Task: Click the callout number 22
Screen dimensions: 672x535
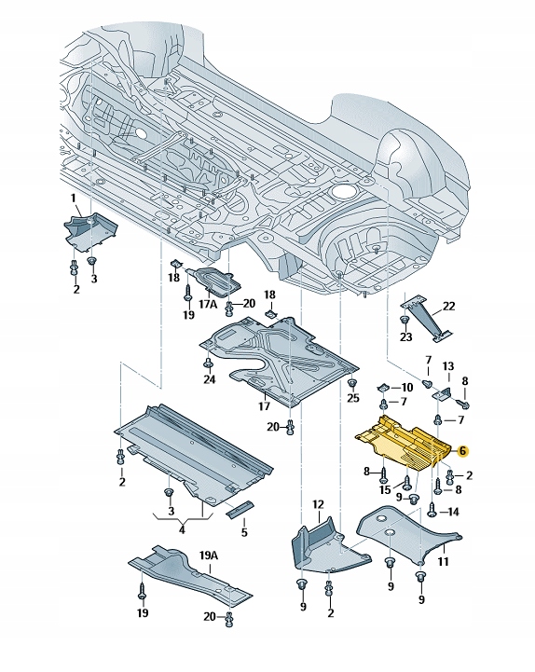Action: (x=449, y=307)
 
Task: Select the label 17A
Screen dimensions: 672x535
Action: (x=207, y=304)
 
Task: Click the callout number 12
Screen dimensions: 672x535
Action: (x=318, y=504)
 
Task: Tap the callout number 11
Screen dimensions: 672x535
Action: (x=443, y=562)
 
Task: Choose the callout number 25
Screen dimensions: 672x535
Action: (x=352, y=398)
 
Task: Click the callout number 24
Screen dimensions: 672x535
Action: (x=209, y=379)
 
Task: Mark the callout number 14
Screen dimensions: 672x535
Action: (x=454, y=513)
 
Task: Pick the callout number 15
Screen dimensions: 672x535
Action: (x=385, y=490)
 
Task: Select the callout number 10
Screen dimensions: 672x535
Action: (x=406, y=387)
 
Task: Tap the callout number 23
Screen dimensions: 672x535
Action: (x=405, y=336)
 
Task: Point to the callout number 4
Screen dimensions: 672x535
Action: (x=182, y=529)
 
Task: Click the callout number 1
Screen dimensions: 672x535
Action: (x=75, y=199)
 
